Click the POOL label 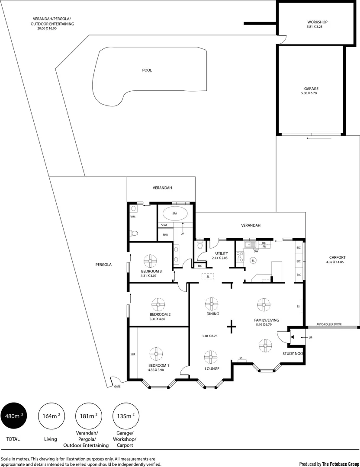[147, 70]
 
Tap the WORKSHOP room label [317, 22]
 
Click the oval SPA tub [174, 214]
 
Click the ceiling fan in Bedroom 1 [156, 354]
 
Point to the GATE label [117, 387]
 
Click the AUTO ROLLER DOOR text [328, 324]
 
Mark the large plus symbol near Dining [232, 326]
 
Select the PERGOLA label [104, 264]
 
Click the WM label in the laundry [133, 217]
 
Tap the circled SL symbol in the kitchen [253, 260]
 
